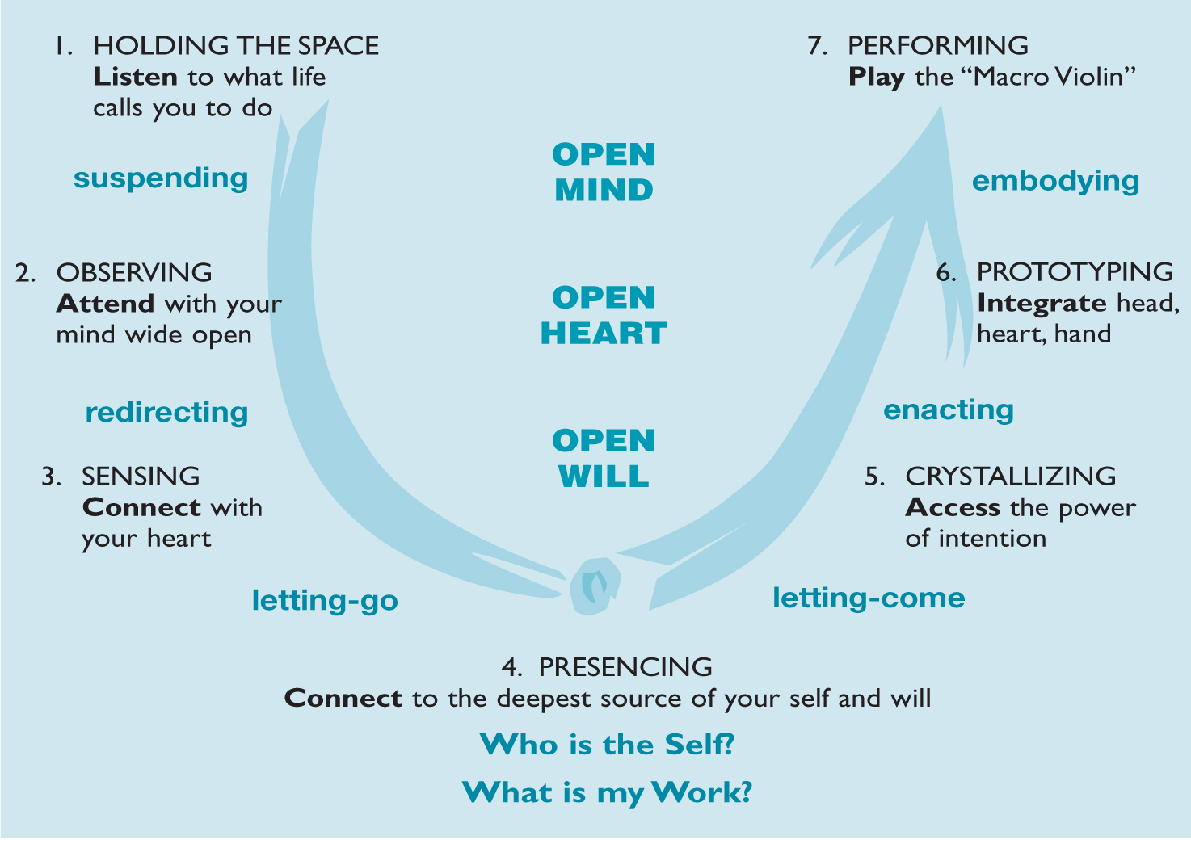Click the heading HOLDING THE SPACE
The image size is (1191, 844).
(236, 45)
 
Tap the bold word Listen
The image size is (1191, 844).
(135, 77)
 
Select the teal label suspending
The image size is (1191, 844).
(161, 178)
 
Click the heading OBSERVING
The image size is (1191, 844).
(134, 273)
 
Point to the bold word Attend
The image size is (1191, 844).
(105, 304)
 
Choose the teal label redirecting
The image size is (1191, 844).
(166, 413)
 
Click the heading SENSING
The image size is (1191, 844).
(141, 477)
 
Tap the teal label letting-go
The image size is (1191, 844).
(325, 601)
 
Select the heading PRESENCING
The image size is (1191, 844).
(625, 667)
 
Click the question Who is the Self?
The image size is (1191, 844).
(607, 745)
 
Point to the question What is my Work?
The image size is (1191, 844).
(607, 792)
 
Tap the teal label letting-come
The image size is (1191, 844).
(869, 598)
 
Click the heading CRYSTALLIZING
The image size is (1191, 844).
(1011, 477)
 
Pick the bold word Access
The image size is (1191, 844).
(953, 507)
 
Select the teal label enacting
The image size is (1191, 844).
(949, 410)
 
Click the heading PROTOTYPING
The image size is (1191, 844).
(1075, 272)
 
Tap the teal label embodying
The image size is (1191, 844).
(1055, 181)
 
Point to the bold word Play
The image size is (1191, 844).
(876, 78)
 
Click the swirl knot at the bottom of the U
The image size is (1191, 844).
(595, 584)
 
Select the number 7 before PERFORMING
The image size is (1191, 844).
(816, 46)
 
